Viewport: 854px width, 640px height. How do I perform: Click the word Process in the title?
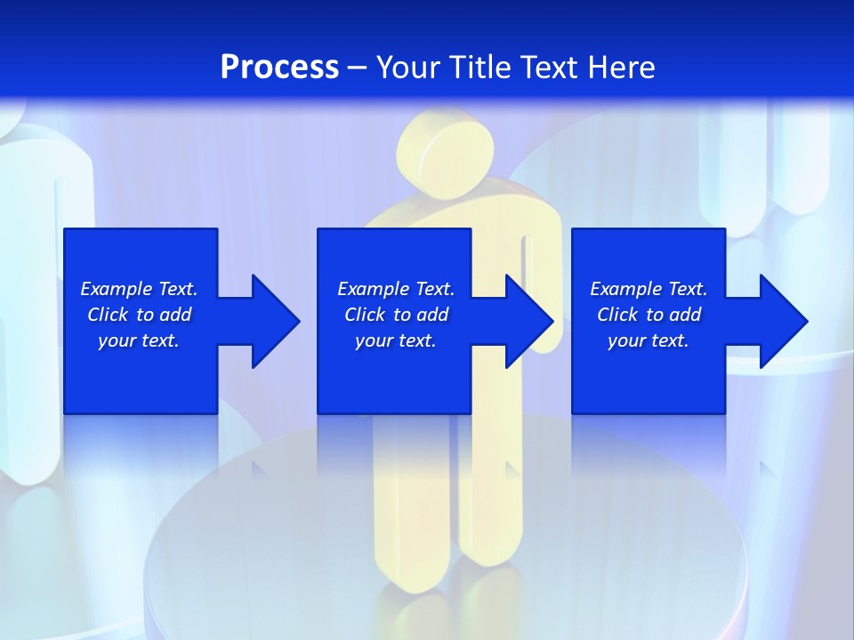[279, 68]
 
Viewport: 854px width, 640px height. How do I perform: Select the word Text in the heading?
[550, 68]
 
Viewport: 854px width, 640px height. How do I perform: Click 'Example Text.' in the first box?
[139, 289]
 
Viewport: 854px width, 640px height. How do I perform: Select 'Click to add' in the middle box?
[396, 315]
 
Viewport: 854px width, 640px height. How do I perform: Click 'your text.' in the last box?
[648, 340]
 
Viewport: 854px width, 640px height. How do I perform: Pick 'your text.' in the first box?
[139, 340]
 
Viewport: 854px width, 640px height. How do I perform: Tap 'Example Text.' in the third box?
[648, 289]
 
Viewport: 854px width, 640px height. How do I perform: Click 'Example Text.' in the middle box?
[396, 289]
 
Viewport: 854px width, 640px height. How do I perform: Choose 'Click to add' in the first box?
[139, 315]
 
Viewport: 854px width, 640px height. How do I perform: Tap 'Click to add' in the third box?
[648, 315]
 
